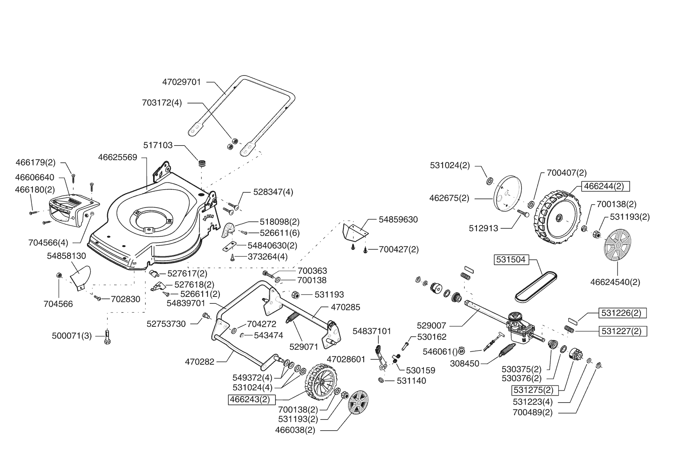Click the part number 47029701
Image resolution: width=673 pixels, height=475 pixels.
click(x=181, y=82)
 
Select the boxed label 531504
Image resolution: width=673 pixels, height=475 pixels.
click(x=510, y=260)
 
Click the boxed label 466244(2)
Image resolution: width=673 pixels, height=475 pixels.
click(x=606, y=186)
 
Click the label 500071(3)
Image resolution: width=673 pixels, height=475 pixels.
click(x=72, y=336)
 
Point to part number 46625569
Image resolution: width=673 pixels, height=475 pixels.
click(x=117, y=157)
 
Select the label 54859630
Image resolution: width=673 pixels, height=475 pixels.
click(x=398, y=219)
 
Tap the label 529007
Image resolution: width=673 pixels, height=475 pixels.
click(x=431, y=326)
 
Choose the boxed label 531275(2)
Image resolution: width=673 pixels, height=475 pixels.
click(x=534, y=390)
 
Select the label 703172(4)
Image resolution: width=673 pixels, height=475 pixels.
click(x=162, y=103)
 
